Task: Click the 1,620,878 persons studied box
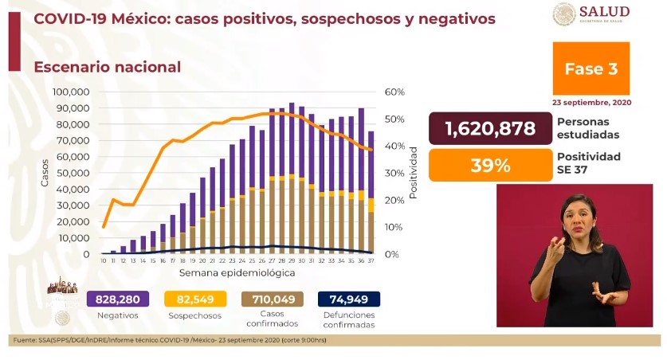coord(490,127)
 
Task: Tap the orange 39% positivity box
coord(490,165)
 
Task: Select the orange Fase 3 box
coord(590,69)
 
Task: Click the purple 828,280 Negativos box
coord(119,299)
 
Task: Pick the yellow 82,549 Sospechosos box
coord(195,299)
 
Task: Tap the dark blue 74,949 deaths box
coord(349,299)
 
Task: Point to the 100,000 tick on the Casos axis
coord(70,92)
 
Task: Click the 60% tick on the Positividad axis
coord(395,92)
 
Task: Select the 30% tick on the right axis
coord(395,174)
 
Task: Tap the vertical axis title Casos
coord(45,173)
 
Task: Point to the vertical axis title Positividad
coord(414,173)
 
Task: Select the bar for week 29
coord(292,178)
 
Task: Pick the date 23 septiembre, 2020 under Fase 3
coord(590,103)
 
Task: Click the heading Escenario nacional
coord(107,68)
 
